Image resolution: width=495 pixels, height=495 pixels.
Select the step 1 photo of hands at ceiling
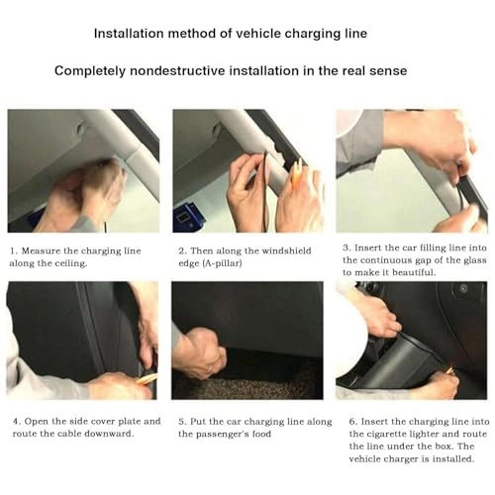coord(83,170)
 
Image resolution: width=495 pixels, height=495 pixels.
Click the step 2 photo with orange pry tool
coord(247,170)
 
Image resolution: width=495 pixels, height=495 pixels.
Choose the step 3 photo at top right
coord(411,170)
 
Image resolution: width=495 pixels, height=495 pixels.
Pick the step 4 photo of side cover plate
coord(83,341)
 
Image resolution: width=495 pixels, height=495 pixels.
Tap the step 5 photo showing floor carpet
coord(247,341)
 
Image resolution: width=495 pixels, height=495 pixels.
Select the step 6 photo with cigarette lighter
coord(411,341)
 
